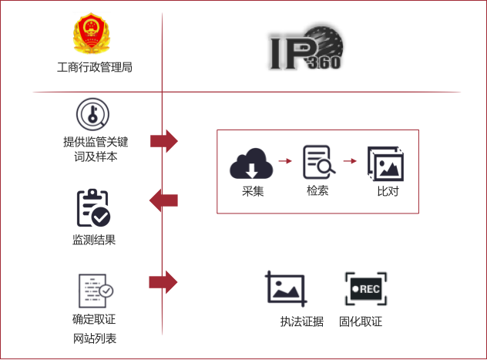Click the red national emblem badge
point(92,33)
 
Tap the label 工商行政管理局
point(95,67)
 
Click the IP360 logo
point(306,48)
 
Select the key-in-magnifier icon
point(93,114)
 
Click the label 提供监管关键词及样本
point(96,149)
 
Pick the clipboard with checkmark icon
point(93,207)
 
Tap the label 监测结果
point(94,240)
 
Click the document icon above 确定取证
point(96,291)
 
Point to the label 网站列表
point(95,338)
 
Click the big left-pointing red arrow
point(163,200)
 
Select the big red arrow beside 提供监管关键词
point(164,141)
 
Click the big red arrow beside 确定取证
point(163,282)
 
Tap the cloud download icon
point(251,163)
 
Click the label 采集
point(253,191)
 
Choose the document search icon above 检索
point(319,162)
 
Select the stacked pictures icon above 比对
point(385,163)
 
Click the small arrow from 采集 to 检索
point(285,160)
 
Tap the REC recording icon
point(366,289)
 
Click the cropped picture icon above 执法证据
point(286,288)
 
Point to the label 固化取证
point(361,321)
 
